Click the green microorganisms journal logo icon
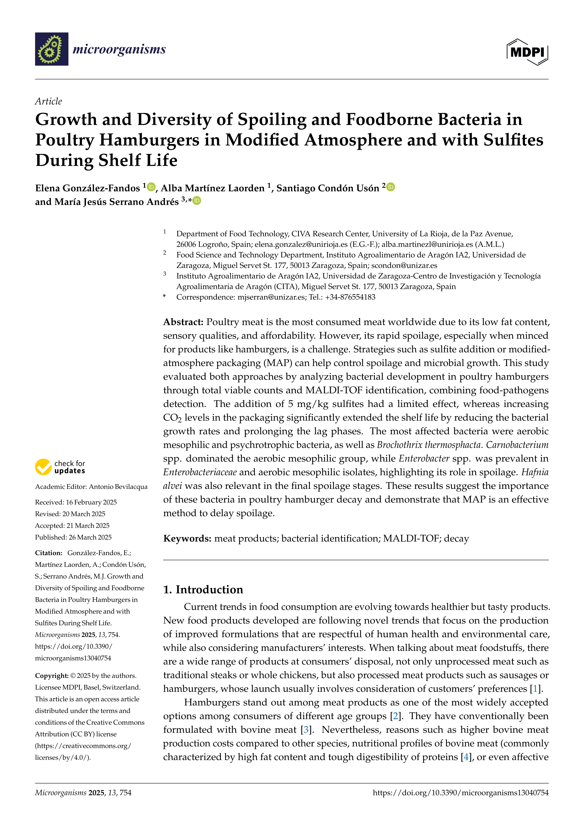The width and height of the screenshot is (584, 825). click(x=51, y=49)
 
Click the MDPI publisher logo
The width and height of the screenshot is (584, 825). click(x=527, y=52)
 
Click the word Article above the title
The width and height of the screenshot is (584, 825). click(x=49, y=101)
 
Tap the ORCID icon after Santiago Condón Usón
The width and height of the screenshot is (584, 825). click(x=391, y=187)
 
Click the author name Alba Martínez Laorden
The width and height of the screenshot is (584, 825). click(x=213, y=188)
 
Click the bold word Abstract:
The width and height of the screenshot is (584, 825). click(x=183, y=322)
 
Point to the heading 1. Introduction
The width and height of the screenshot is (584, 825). click(x=203, y=590)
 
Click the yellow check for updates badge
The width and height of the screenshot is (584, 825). click(x=60, y=467)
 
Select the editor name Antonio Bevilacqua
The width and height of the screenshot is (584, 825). click(x=118, y=487)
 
